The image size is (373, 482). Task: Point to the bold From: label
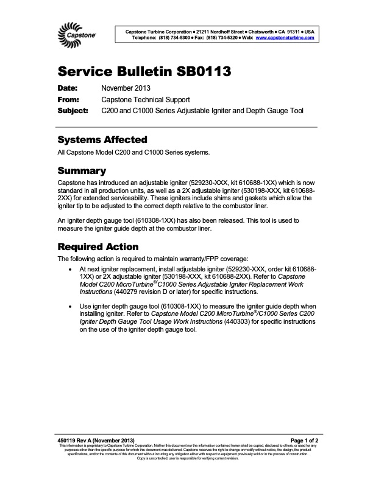69,100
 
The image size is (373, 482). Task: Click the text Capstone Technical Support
146,100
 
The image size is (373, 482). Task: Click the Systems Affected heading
102,139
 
